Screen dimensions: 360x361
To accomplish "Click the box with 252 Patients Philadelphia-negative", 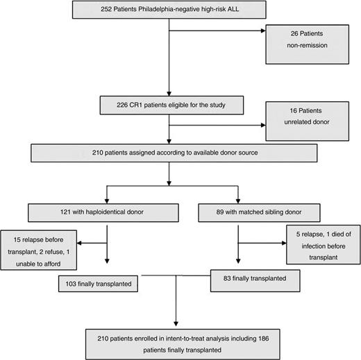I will (168, 12).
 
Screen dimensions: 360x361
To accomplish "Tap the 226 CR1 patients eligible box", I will (169, 106).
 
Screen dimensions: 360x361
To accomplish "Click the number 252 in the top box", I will (109, 12).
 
